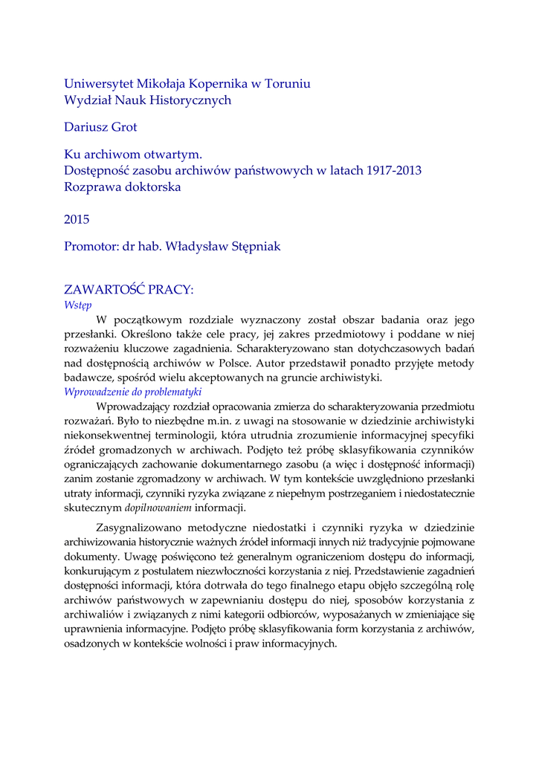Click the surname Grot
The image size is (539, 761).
click(124, 128)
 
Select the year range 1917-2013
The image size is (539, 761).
click(393, 171)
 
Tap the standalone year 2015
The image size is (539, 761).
click(77, 219)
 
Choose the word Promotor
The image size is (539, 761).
click(91, 247)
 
